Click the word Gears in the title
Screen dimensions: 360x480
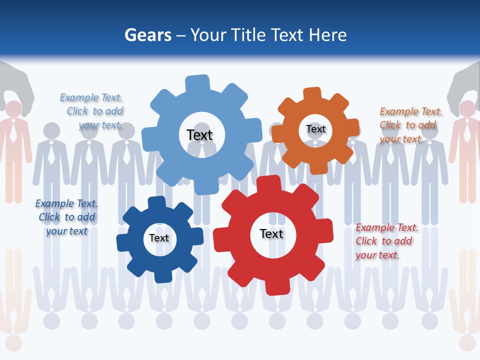pyautogui.click(x=147, y=35)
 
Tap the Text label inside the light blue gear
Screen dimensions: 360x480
pyautogui.click(x=199, y=135)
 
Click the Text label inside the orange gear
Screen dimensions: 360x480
pyautogui.click(x=316, y=129)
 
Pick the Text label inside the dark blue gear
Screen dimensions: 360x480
pyautogui.click(x=159, y=238)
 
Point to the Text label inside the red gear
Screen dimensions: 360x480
pyautogui.click(x=271, y=233)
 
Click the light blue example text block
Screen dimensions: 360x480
pyautogui.click(x=93, y=111)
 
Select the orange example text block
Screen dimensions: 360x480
pyautogui.click(x=410, y=125)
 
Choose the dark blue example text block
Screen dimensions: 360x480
pyautogui.click(x=66, y=217)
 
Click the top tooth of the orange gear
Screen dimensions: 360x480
pyautogui.click(x=311, y=93)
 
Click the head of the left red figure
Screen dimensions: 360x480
pyautogui.click(x=13, y=108)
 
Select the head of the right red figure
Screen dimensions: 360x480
pyautogui.click(x=467, y=108)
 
